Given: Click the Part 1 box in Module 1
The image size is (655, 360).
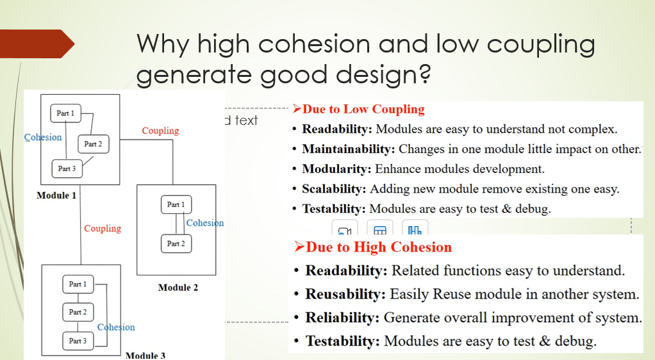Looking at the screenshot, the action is [x=65, y=113].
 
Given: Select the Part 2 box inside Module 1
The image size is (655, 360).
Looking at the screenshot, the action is [x=93, y=144].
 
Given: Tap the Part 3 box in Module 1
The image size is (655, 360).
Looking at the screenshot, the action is [x=67, y=168].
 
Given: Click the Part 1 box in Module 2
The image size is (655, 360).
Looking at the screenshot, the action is [x=176, y=204].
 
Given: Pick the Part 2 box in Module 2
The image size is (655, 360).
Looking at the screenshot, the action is [x=176, y=243].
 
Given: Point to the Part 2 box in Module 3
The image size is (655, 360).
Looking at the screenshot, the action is [x=78, y=312].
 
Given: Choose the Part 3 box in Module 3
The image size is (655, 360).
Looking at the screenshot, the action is [x=78, y=341].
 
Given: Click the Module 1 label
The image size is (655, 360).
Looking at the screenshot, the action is [x=56, y=195].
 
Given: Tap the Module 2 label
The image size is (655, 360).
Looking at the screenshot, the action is [x=178, y=288].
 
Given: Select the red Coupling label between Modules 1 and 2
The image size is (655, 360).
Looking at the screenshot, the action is [x=160, y=131].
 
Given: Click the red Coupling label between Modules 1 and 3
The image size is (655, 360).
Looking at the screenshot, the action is [x=103, y=229].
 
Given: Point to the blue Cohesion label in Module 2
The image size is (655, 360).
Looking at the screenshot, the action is [x=205, y=223].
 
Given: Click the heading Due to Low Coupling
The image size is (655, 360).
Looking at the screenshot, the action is [x=359, y=110].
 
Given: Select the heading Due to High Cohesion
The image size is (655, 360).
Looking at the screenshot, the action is [x=373, y=247].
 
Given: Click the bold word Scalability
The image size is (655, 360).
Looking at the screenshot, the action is [x=334, y=189].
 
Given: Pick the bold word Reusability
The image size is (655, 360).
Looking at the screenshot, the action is [x=345, y=294].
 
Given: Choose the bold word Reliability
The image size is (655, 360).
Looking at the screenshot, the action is [x=342, y=317].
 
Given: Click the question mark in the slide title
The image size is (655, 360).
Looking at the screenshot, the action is [x=424, y=74].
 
